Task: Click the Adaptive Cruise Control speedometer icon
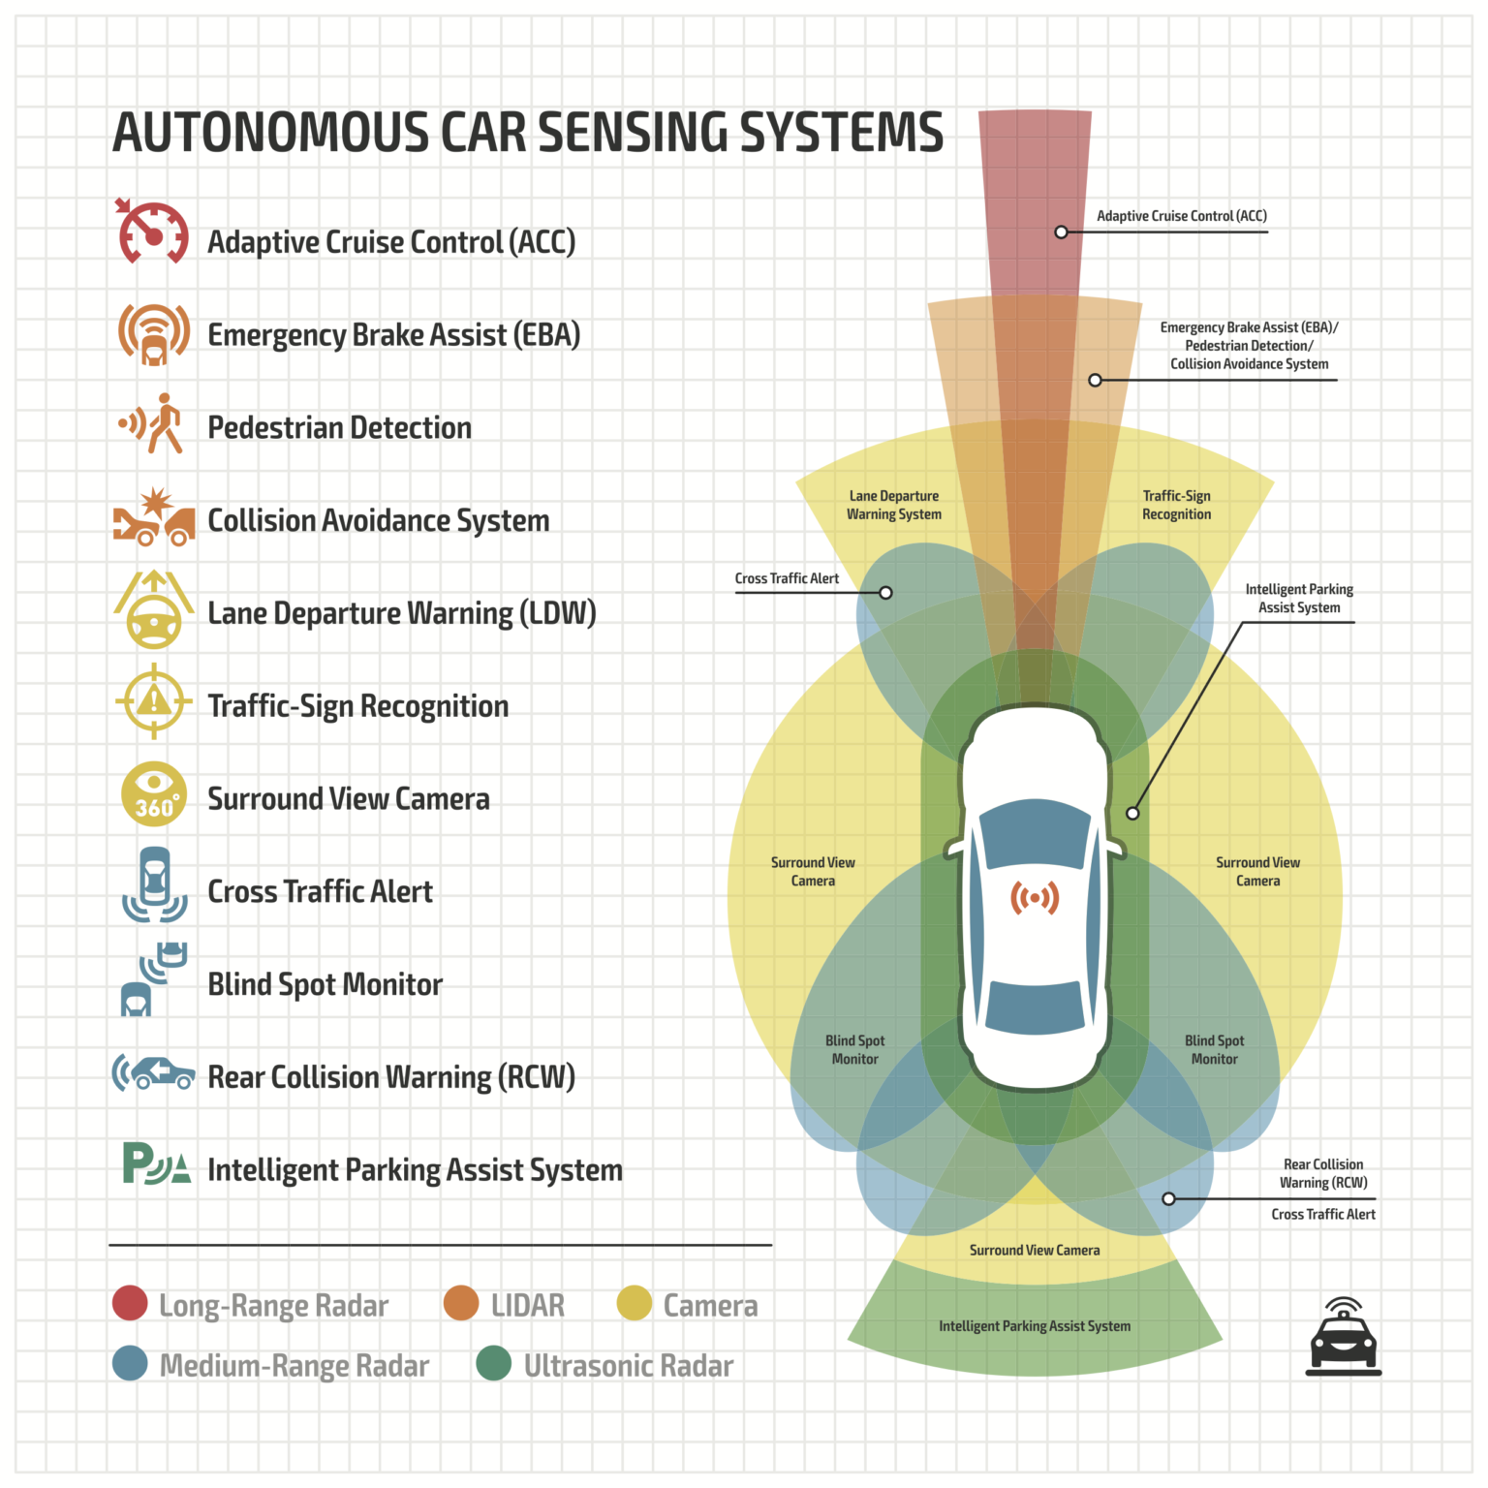click(153, 233)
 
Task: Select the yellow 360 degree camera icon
click(154, 794)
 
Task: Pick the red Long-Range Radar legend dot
click(130, 1303)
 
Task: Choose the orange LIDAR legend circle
click(461, 1303)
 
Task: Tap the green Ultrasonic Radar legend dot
click(494, 1363)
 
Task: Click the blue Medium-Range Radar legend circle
click(130, 1363)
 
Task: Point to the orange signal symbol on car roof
click(1035, 898)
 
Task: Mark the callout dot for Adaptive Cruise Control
click(1061, 232)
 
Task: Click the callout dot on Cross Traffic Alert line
click(885, 592)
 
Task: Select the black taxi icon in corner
click(1343, 1339)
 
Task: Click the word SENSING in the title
click(629, 133)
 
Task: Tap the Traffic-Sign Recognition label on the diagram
click(1176, 505)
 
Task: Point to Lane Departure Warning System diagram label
click(893, 505)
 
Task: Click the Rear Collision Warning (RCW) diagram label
click(1322, 1173)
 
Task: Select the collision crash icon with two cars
click(153, 519)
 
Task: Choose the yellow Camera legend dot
click(635, 1303)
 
